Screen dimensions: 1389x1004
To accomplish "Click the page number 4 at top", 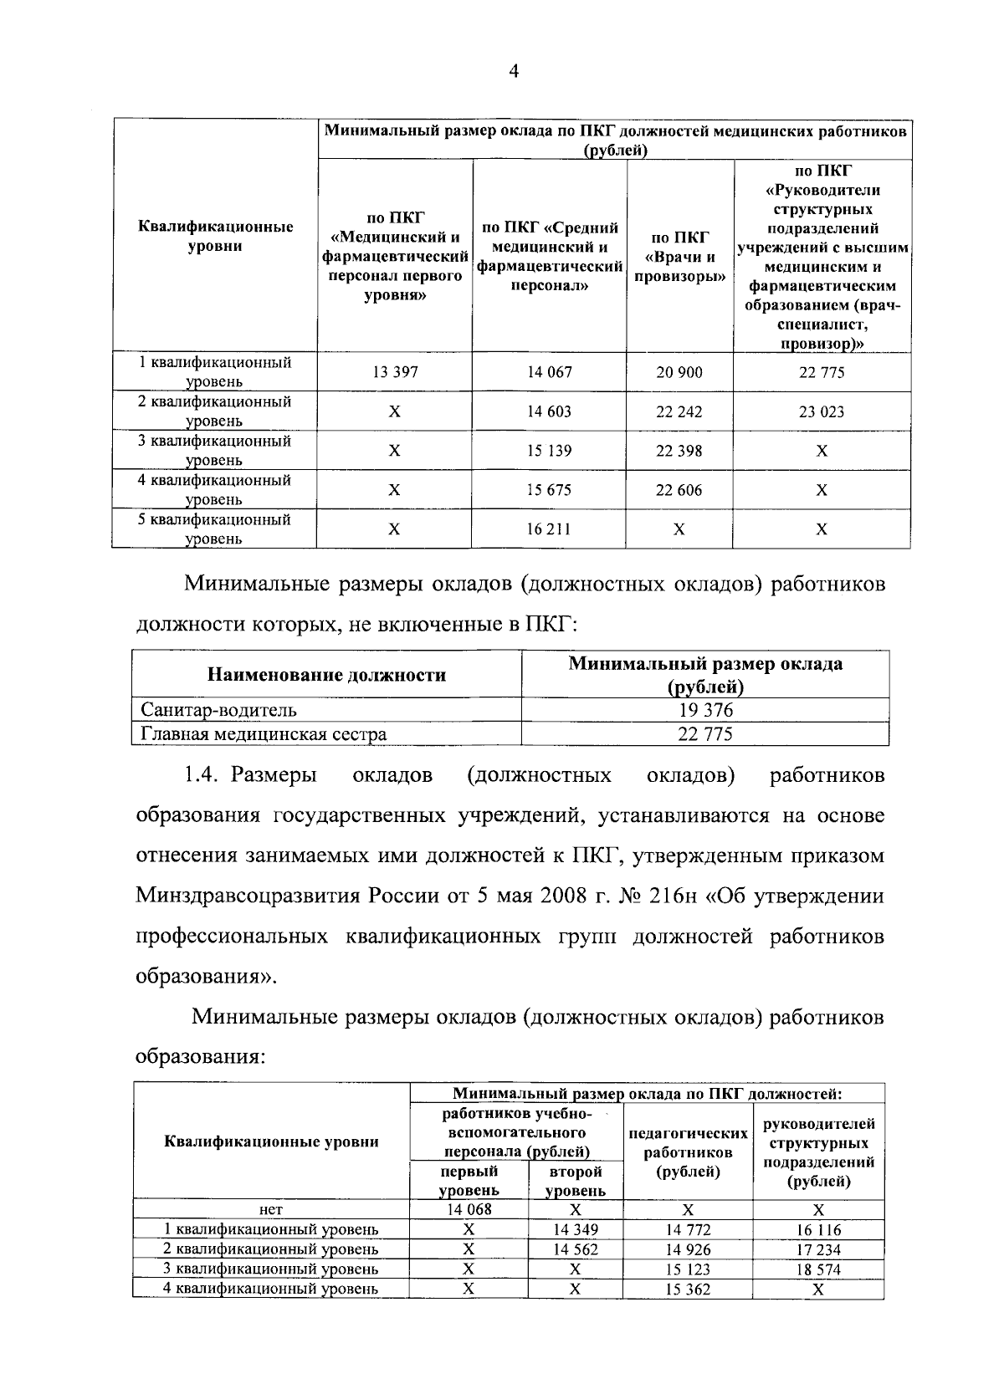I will pos(514,73).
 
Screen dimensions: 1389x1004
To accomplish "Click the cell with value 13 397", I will pos(395,372).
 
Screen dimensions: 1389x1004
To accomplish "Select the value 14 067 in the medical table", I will pos(550,372).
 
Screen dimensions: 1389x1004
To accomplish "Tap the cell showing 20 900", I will pos(679,372).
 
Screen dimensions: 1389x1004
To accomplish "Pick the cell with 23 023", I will pos(822,411).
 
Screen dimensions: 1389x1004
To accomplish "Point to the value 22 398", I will pos(679,451).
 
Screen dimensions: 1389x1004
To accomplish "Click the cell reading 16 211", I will pos(550,529).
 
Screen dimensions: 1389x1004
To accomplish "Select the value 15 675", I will pos(550,490).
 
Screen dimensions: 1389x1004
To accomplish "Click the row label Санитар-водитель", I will pos(218,711).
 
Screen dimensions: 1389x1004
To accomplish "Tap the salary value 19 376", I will pos(705,711).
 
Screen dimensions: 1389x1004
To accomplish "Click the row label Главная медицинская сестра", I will pos(264,735).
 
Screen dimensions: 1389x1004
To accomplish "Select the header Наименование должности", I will pos(326,675).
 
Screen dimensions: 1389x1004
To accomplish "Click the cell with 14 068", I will pos(469,1209).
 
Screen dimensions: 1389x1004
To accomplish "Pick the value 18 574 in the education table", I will pos(818,1269).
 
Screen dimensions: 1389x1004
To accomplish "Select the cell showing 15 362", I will pos(688,1289).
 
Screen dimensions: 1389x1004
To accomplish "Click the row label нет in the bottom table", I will pos(271,1209).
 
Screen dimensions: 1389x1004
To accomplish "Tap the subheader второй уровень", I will pos(575,1181).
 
